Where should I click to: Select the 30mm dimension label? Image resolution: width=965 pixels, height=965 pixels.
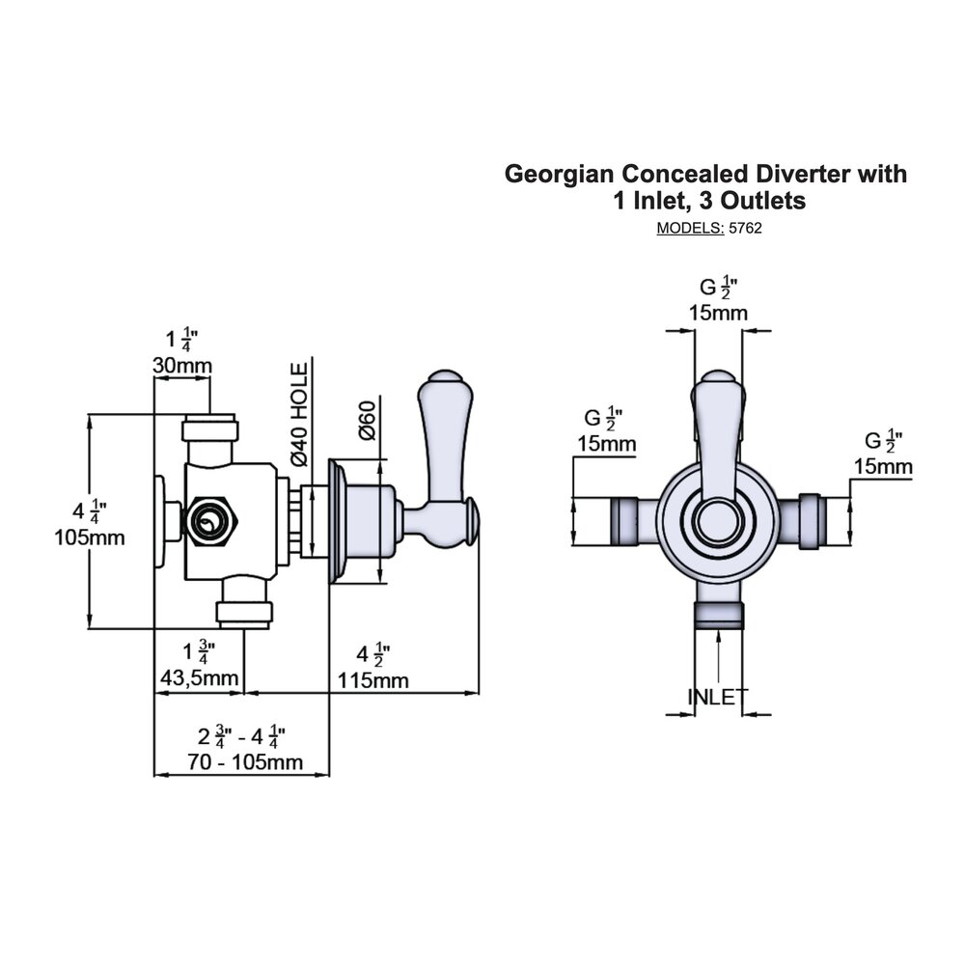pyautogui.click(x=183, y=365)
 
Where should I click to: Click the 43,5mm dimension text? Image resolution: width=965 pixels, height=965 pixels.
pyautogui.click(x=198, y=678)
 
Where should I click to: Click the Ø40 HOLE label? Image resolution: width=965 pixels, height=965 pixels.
pyautogui.click(x=299, y=415)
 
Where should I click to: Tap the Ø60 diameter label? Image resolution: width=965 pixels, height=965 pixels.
pyautogui.click(x=367, y=421)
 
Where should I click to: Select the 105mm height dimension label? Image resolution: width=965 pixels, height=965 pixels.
pyautogui.click(x=90, y=538)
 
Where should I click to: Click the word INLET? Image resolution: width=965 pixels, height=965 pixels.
pyautogui.click(x=718, y=697)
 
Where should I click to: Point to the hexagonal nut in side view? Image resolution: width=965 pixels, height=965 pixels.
pyautogui.click(x=211, y=522)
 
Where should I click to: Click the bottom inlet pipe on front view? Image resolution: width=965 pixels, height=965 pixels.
pyautogui.click(x=718, y=610)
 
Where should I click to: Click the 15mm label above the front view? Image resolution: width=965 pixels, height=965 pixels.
pyautogui.click(x=717, y=313)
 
